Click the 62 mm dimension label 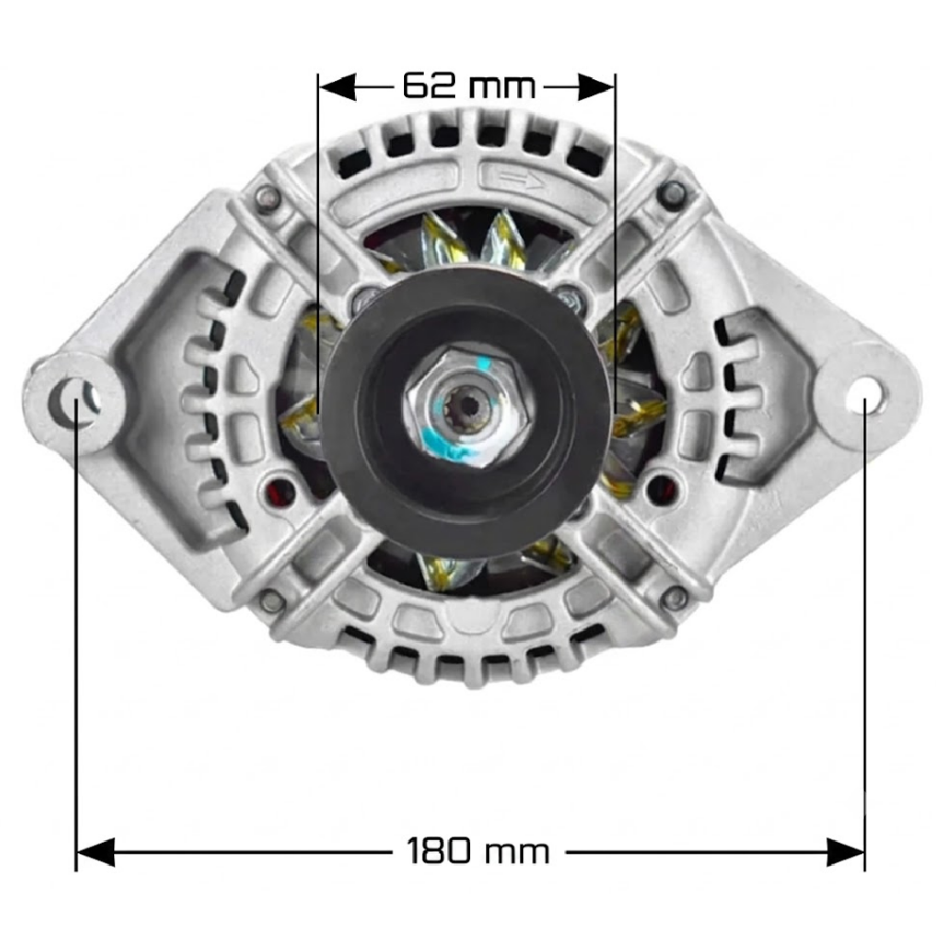(x=469, y=86)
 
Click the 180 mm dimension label (x=478, y=851)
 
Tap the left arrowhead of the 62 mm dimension (x=337, y=87)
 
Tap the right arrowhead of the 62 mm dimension (x=596, y=87)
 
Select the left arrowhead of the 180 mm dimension (x=95, y=852)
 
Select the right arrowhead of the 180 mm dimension (x=846, y=852)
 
